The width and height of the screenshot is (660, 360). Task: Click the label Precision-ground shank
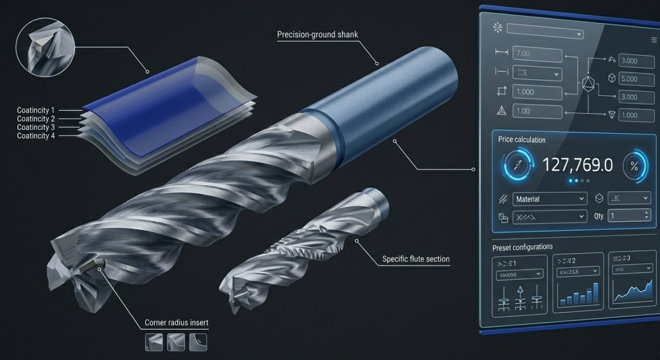coord(317,35)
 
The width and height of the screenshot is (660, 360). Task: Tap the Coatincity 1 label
coord(36,111)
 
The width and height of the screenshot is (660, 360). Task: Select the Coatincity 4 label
coord(36,136)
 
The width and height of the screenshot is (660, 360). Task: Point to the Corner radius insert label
coord(176,322)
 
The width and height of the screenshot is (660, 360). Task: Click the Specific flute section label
coord(415,259)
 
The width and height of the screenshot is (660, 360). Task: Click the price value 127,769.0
coord(577,165)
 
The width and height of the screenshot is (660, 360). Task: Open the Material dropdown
coord(549,199)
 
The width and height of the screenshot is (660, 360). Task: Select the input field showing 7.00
coord(537,54)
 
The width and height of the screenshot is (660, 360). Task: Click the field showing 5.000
coord(636,79)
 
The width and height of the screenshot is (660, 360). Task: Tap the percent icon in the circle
coord(634,166)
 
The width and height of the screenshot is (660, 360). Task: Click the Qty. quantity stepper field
coord(629,216)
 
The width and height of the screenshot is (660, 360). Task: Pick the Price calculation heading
coord(522,140)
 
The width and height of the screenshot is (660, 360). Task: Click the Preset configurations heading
coord(522,247)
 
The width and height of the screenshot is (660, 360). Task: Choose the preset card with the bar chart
coord(578,282)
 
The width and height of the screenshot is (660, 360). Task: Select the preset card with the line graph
coord(632,280)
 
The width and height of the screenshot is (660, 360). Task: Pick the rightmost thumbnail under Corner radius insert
coord(198,342)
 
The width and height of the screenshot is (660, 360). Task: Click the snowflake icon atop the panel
coord(497,28)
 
